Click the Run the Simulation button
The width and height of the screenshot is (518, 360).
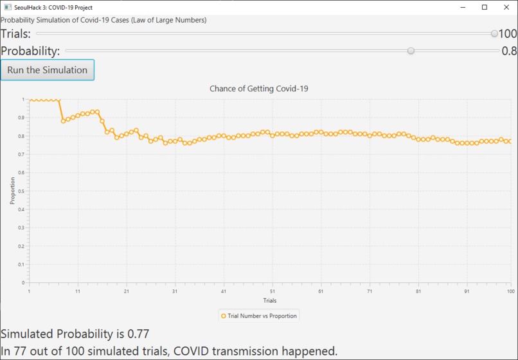pyautogui.click(x=48, y=70)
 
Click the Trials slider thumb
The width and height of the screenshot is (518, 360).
pyautogui.click(x=494, y=34)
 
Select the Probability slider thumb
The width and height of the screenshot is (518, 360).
pyautogui.click(x=411, y=51)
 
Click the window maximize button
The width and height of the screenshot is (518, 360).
pyautogui.click(x=485, y=7)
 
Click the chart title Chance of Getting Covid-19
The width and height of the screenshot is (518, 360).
pyautogui.click(x=259, y=89)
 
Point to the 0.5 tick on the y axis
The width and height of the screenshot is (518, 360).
pyautogui.click(x=24, y=191)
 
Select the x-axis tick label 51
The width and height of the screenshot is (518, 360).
pyautogui.click(x=272, y=291)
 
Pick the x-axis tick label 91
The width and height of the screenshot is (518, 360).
pyautogui.click(x=467, y=291)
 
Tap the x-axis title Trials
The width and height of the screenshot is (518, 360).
pyautogui.click(x=270, y=300)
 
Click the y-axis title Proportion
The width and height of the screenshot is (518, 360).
pyautogui.click(x=12, y=191)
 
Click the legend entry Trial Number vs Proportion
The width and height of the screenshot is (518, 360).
pyautogui.click(x=259, y=316)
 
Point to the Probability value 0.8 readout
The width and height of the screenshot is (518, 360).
pyautogui.click(x=509, y=51)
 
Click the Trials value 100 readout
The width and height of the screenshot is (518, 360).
pyautogui.click(x=508, y=34)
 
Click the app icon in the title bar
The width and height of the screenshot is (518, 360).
pyautogui.click(x=7, y=7)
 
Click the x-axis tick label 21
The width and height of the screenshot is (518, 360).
pyautogui.click(x=127, y=291)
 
